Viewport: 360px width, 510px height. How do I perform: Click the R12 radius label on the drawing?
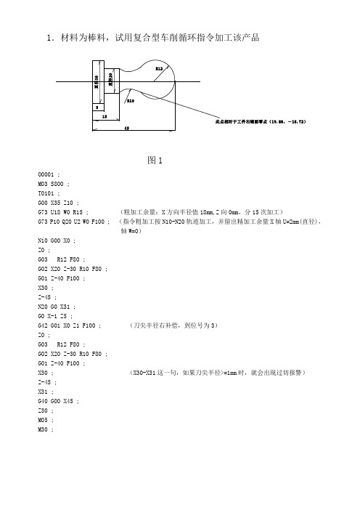click(x=158, y=68)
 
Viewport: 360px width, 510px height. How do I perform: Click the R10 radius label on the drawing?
click(x=130, y=102)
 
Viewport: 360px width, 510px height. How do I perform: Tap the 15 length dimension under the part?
click(x=105, y=116)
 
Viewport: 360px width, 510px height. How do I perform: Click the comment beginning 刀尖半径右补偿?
click(x=171, y=327)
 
